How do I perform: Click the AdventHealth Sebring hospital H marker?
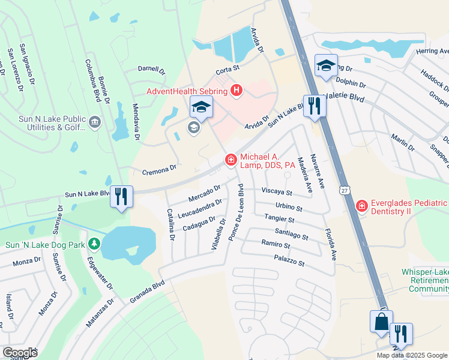pyautogui.click(x=237, y=91)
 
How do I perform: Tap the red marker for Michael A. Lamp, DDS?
pyautogui.click(x=230, y=160)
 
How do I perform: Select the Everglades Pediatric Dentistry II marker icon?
pyautogui.click(x=361, y=206)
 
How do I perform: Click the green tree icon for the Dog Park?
pyautogui.click(x=94, y=244)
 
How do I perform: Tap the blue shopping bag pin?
pyautogui.click(x=381, y=322)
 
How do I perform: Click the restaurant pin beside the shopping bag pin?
pyautogui.click(x=401, y=334)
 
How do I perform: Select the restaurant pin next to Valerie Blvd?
pyautogui.click(x=314, y=106)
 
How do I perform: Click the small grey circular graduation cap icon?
pyautogui.click(x=193, y=127)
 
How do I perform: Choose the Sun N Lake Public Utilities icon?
pyautogui.click(x=94, y=123)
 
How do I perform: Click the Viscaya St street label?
pyautogui.click(x=276, y=193)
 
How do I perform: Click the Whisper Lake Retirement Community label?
pyautogui.click(x=425, y=280)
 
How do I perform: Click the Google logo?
pyautogui.click(x=19, y=353)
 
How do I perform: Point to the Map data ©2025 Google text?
pyautogui.click(x=412, y=355)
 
